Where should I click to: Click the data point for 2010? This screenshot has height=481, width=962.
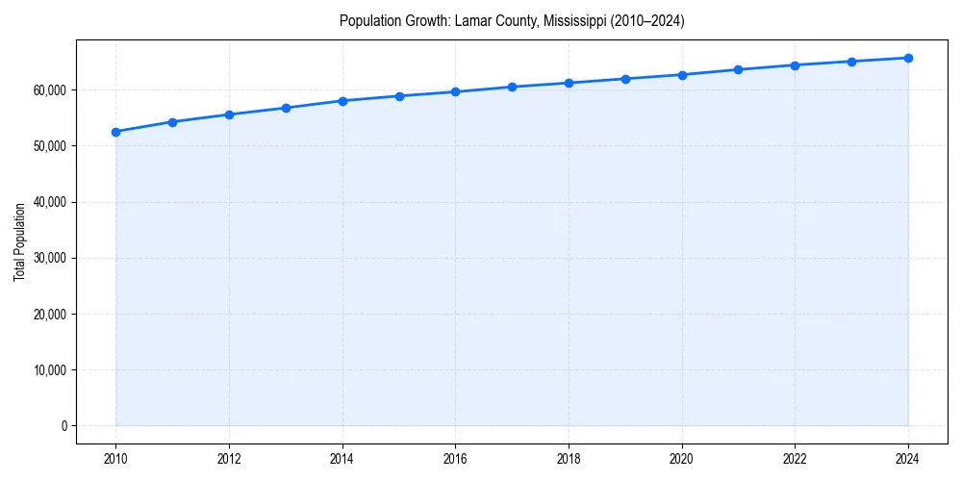tap(115, 132)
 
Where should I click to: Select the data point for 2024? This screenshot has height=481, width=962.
tap(908, 58)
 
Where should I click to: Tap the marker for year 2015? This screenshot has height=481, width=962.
tap(399, 96)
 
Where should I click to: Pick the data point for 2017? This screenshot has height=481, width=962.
tap(512, 87)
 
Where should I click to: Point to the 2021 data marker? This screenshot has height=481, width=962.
tap(738, 69)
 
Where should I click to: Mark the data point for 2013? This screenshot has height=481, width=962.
tap(286, 108)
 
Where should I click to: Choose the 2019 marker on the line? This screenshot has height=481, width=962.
tap(625, 79)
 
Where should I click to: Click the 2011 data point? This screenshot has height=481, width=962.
tap(172, 122)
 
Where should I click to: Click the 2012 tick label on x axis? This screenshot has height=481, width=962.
tap(229, 459)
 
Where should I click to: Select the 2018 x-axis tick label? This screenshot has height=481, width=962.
tap(569, 459)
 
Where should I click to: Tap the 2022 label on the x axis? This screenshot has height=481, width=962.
tap(795, 459)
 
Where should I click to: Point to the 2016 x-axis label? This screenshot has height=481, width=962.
tap(455, 459)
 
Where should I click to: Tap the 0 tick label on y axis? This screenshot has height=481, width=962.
tap(64, 426)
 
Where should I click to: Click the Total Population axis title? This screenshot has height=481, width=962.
tap(19, 241)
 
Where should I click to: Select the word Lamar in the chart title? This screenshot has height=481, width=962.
tap(471, 21)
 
